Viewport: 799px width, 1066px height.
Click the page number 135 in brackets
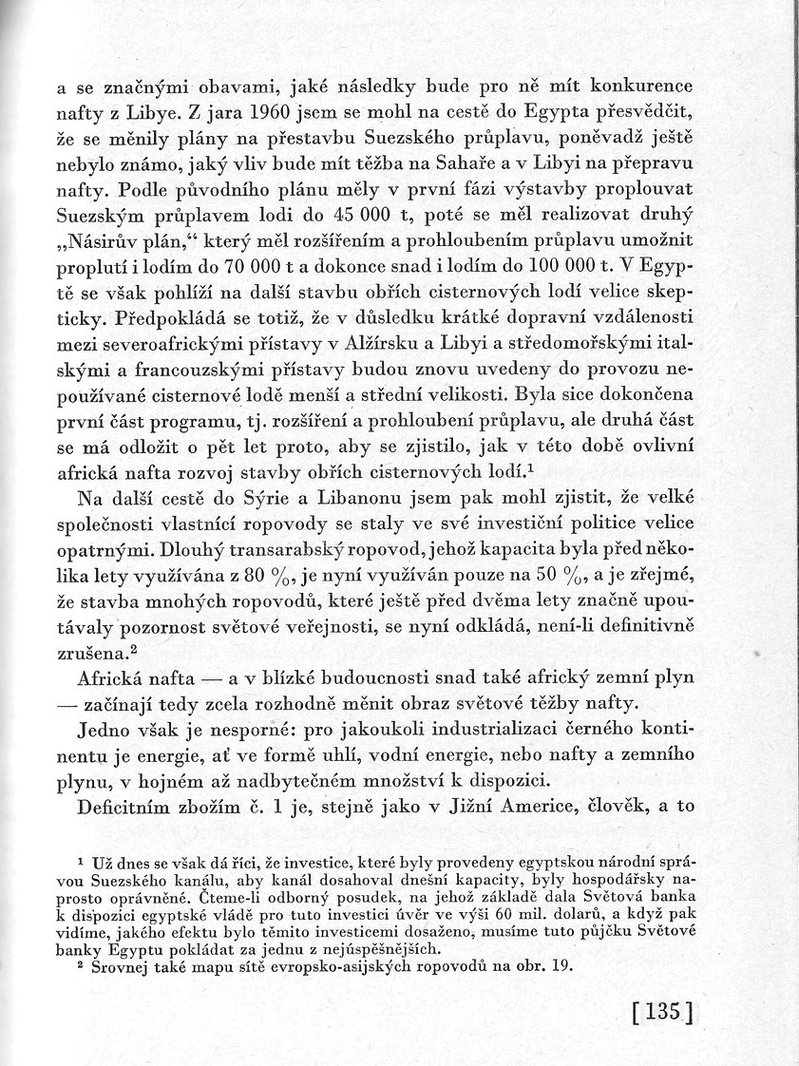[x=663, y=1010]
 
